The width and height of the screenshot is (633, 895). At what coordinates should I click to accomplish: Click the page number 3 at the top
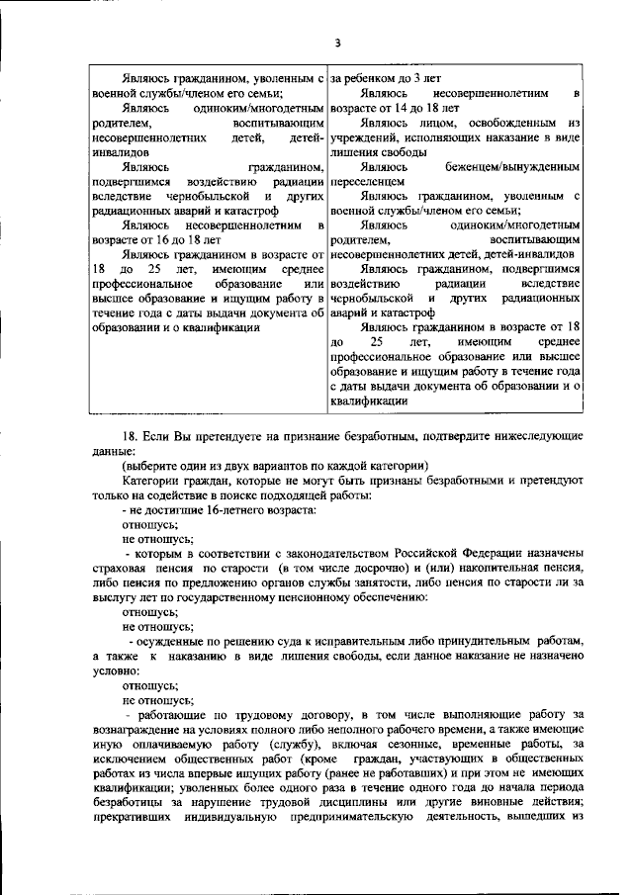coord(336,42)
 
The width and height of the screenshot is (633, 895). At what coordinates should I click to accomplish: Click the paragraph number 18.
coord(128,463)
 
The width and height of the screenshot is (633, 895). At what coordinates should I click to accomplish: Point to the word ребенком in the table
coord(383,76)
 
